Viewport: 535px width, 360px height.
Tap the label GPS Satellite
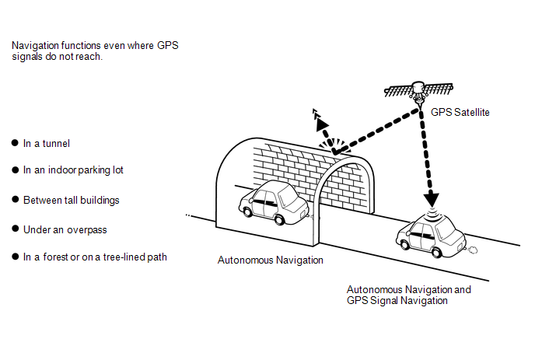[x=460, y=113]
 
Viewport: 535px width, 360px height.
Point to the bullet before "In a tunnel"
[x=15, y=143]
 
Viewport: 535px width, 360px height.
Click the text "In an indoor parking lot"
[x=73, y=170]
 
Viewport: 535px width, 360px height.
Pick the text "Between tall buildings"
[x=71, y=200]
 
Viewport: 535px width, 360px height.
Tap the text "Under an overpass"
[x=65, y=229]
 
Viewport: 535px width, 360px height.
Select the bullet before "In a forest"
[x=15, y=257]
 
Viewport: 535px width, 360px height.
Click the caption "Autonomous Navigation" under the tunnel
[x=270, y=260]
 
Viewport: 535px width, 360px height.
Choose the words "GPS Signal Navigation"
[x=397, y=301]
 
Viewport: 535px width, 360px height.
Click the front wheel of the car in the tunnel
[x=249, y=210]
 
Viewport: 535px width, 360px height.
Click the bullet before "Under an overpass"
[x=15, y=229]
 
